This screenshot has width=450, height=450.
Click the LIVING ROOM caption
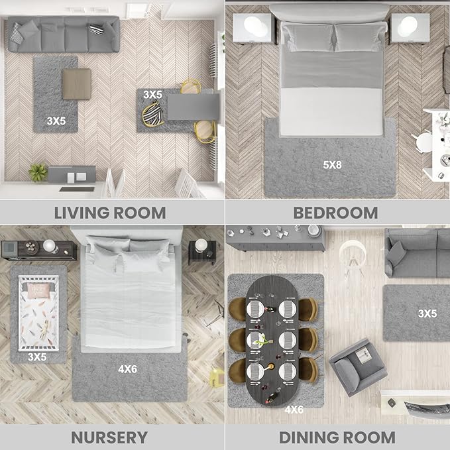point(110,213)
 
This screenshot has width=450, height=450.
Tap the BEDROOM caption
point(335,213)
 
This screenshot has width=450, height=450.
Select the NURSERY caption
point(109,437)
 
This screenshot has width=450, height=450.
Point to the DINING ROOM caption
point(337,437)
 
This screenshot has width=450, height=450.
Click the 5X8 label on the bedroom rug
point(332,165)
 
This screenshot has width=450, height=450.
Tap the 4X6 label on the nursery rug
point(127,369)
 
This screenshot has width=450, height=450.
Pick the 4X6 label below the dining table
point(294,410)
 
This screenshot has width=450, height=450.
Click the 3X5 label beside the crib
point(37,357)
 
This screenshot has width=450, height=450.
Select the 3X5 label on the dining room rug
point(427,313)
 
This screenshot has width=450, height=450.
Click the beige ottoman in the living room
point(77,84)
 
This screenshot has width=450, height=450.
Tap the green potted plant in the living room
point(38,172)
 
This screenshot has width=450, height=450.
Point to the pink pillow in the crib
point(38,291)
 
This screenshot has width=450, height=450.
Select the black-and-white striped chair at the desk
point(153,114)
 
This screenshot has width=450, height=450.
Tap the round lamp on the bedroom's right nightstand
point(408,27)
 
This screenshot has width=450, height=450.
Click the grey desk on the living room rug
point(193,107)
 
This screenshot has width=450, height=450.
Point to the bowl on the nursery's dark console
point(32,247)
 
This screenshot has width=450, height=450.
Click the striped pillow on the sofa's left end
point(17,33)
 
